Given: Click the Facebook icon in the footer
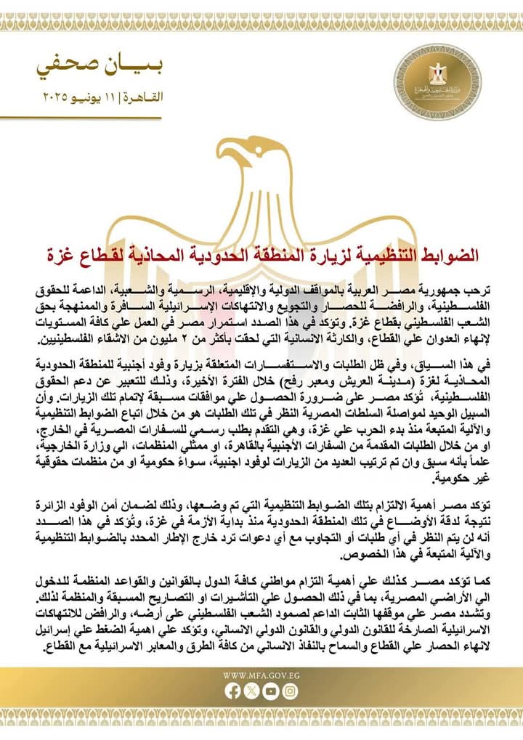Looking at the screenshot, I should [x=232, y=693].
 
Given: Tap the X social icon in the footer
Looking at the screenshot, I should [x=251, y=693].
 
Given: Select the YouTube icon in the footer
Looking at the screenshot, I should [x=270, y=693].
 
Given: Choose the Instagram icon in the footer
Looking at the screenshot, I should [x=289, y=693].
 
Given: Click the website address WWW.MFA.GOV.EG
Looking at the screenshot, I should [x=261, y=675].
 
